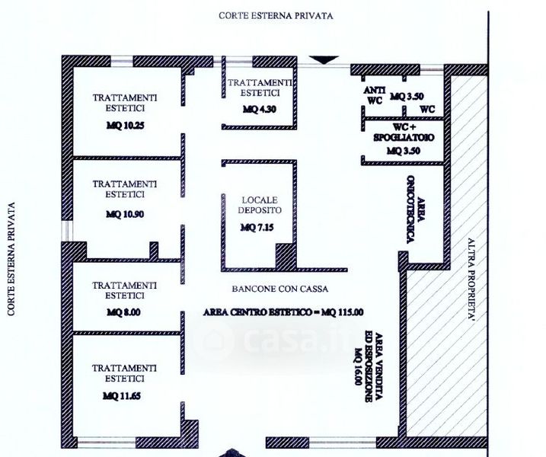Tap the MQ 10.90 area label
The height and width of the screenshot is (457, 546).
125,214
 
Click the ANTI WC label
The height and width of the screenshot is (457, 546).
374,93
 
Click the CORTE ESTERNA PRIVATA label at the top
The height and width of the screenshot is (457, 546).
276,14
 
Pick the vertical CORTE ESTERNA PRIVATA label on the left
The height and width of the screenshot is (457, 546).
11,259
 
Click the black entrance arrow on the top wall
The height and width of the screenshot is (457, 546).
326,59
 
